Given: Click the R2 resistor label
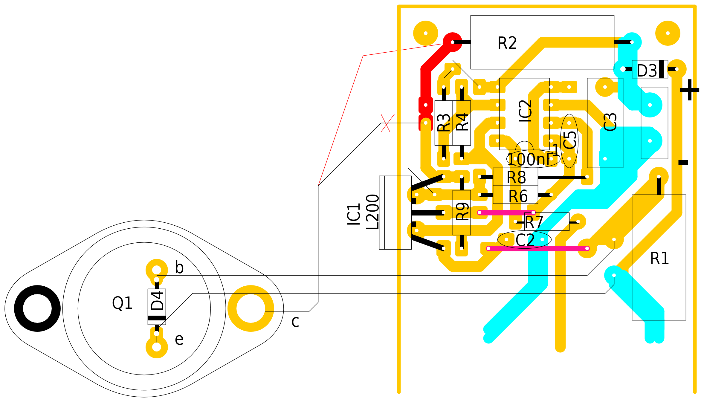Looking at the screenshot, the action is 507,43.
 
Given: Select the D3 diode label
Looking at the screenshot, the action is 647,71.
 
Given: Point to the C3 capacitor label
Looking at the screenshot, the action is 610,122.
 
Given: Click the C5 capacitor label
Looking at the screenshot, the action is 570,140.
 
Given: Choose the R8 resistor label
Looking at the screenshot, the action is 516,178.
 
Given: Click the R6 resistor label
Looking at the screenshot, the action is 518,196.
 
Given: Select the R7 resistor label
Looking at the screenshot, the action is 534,222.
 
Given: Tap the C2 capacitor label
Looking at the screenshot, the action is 525,240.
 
